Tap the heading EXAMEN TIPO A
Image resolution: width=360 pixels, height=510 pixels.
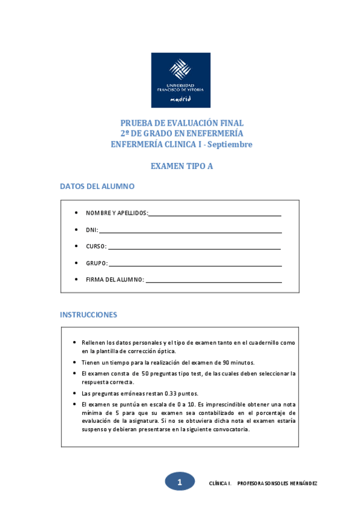point(181,167)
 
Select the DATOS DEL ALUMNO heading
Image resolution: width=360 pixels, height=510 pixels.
point(97,186)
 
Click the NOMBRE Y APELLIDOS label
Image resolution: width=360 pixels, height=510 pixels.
point(117,214)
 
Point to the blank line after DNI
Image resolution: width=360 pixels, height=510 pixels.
point(191,230)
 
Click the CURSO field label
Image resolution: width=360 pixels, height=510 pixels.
point(96,247)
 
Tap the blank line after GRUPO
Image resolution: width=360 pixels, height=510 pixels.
point(195,263)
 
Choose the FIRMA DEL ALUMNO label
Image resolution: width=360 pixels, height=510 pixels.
point(115,280)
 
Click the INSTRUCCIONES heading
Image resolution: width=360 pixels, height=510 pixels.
point(88,315)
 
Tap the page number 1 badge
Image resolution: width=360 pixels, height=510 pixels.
point(180,482)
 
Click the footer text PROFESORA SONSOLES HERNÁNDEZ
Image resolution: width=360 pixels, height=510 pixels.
point(278,484)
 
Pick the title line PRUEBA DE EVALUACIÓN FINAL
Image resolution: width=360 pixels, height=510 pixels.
point(182,123)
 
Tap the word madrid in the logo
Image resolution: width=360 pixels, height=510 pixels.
point(181,98)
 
